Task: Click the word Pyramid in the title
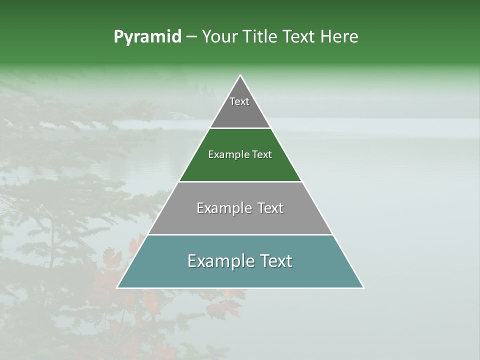pyautogui.click(x=147, y=37)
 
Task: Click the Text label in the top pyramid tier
pyautogui.click(x=239, y=101)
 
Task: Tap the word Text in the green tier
pyautogui.click(x=262, y=154)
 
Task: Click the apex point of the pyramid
pyautogui.click(x=240, y=75)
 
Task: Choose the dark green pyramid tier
pyautogui.click(x=240, y=167)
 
